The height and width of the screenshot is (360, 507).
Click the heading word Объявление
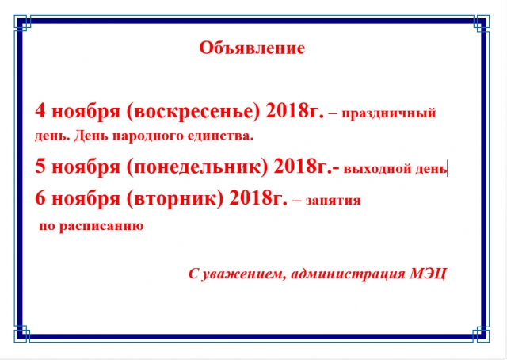(x=252, y=48)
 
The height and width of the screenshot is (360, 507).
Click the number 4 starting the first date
(x=40, y=111)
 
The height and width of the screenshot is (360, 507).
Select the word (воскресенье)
(x=193, y=112)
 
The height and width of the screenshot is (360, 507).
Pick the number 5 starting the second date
(x=40, y=167)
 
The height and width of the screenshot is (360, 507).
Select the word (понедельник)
(x=197, y=167)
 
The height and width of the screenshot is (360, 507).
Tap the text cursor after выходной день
(x=448, y=168)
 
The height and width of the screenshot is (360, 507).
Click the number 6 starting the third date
(x=40, y=197)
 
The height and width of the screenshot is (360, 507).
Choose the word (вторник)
(x=175, y=198)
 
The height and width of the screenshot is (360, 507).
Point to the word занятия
(x=333, y=201)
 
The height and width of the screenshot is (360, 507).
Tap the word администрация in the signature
(x=348, y=274)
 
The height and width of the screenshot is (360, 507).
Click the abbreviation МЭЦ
(x=429, y=274)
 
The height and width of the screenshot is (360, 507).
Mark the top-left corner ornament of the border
(x=22, y=23)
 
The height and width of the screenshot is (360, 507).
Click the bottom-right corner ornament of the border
(x=481, y=334)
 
